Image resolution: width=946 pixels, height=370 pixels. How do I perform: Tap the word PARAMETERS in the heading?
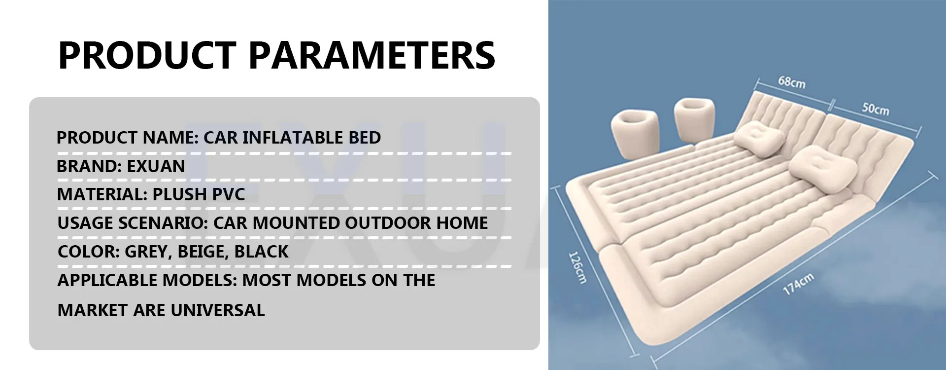click(372, 55)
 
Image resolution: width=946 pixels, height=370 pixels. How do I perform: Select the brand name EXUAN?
click(156, 166)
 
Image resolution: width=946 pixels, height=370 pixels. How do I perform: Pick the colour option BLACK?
click(261, 252)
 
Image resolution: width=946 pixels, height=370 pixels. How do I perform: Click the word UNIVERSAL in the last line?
click(217, 310)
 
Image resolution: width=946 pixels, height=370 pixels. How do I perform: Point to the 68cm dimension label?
click(792, 82)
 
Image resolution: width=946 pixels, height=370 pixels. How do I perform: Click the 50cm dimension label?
click(876, 109)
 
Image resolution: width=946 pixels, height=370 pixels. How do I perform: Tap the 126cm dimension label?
click(577, 268)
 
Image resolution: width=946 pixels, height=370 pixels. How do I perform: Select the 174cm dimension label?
click(798, 284)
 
